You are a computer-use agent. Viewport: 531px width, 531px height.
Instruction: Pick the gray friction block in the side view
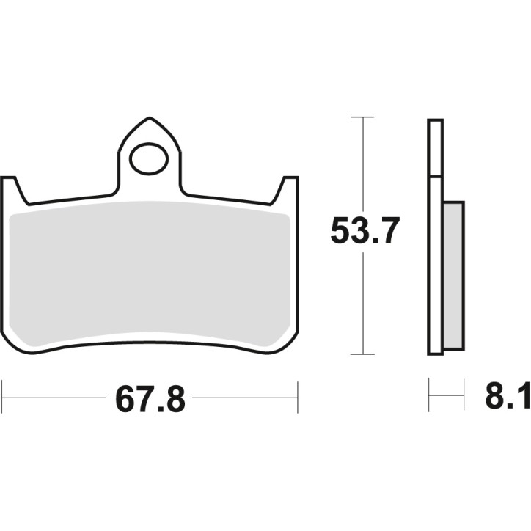pyautogui.click(x=453, y=275)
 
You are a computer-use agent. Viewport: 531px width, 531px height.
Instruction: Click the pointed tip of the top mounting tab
pyautogui.click(x=150, y=118)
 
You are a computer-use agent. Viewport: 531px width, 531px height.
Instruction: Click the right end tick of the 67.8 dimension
pyautogui.click(x=297, y=398)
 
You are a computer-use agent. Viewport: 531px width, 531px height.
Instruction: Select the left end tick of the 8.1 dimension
pyautogui.click(x=429, y=397)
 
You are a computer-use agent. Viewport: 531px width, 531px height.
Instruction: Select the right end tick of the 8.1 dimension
pyautogui.click(x=464, y=397)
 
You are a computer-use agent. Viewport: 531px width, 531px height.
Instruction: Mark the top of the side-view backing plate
pyautogui.click(x=435, y=120)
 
